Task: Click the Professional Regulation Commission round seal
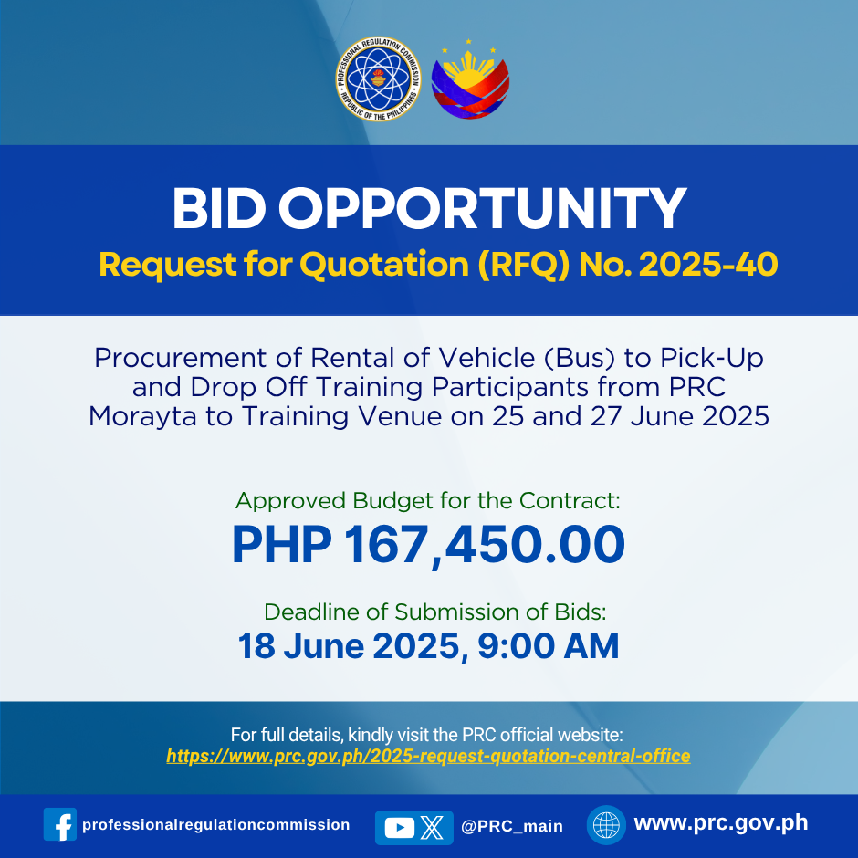coord(378,78)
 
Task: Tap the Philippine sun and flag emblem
coord(470,79)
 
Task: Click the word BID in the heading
coord(219,208)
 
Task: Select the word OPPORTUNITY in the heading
coord(482,208)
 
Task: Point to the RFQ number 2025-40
coord(708,265)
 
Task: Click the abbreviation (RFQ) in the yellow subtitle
coord(524,265)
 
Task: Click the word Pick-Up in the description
coord(711,358)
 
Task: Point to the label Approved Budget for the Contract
coord(428,501)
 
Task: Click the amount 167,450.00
coord(485,544)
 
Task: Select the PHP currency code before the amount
coord(282,544)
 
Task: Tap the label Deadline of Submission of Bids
coord(435,612)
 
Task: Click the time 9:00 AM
coord(548,646)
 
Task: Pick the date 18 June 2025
coord(350,646)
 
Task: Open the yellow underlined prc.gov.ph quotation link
coord(428,756)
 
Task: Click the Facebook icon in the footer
coord(60,824)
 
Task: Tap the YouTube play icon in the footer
coord(400,827)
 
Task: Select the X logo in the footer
coord(433,827)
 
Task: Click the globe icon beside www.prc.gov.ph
coord(606,824)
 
